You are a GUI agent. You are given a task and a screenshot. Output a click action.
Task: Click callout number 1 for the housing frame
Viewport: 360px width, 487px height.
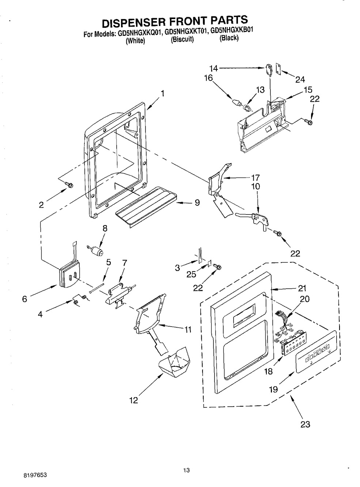point(162,94)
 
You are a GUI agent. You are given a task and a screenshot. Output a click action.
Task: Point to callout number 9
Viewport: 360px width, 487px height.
point(197,203)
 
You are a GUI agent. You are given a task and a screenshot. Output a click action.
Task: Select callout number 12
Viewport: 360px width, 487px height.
point(134,400)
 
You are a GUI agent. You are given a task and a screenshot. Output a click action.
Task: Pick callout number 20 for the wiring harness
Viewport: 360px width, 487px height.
point(304,299)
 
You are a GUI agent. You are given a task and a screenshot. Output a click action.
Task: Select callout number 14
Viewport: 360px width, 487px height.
point(213,68)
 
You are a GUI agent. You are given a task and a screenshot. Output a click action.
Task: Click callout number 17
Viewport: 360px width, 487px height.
point(255,178)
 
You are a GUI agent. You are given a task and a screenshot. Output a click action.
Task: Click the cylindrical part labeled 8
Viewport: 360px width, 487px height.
point(97,251)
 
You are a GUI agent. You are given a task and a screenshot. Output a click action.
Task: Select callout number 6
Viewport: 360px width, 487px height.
point(24,299)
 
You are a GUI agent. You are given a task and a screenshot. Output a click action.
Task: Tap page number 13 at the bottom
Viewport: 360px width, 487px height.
point(186,470)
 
